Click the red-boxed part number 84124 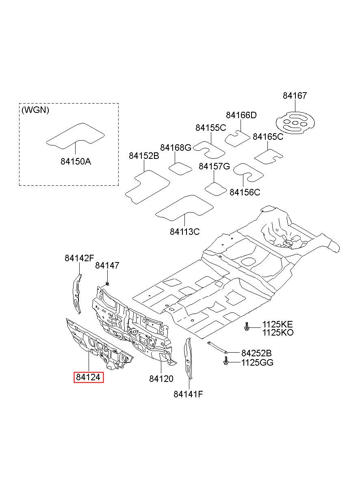[x=88, y=377]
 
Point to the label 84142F [x=79, y=258]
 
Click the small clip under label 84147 [x=107, y=284]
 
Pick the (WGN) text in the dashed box [x=35, y=110]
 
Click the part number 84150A [x=76, y=162]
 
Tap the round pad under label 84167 [x=295, y=123]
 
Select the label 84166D [x=241, y=115]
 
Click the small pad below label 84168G [x=180, y=169]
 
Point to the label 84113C [x=185, y=232]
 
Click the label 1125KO [x=278, y=333]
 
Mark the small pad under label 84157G [x=215, y=189]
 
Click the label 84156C [x=245, y=192]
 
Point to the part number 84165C [x=268, y=137]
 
